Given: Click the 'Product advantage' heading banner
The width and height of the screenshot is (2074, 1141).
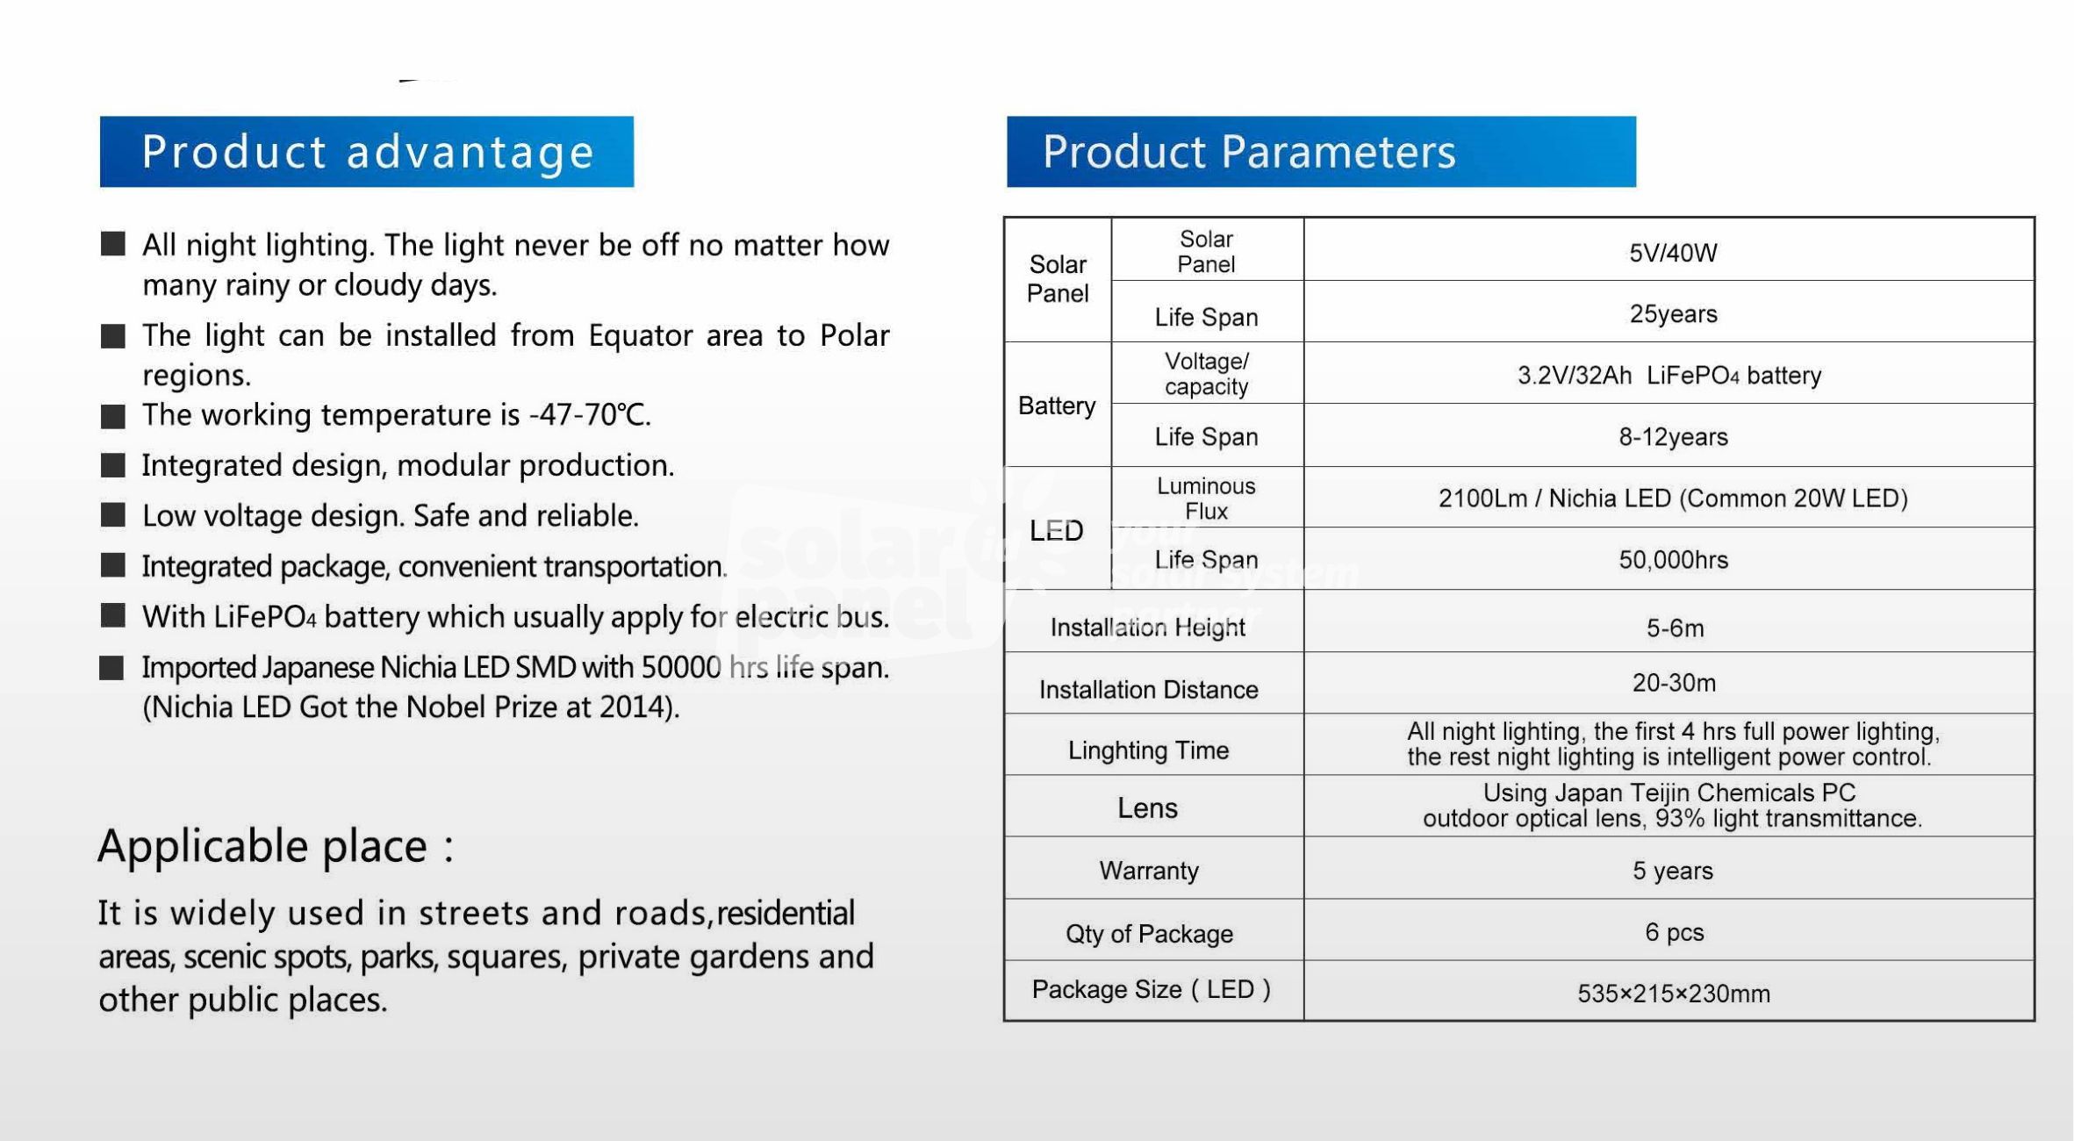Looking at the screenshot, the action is coord(367,151).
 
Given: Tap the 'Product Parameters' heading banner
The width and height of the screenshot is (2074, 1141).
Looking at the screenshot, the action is coord(1321,151).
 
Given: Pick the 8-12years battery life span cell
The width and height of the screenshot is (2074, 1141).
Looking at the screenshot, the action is coord(1673,437).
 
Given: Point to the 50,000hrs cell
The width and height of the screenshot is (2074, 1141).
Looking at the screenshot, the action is coord(1673,560).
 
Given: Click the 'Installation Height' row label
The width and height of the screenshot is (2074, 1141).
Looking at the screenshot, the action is coord(1148,628).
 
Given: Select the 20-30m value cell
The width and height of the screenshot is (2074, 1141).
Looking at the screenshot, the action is coord(1674,683).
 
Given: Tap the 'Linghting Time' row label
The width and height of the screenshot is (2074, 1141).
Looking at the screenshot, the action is coord(1148,750).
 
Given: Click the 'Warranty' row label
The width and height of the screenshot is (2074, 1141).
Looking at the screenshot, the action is coord(1149,871).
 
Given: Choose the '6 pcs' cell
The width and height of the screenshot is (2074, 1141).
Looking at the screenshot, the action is coord(1674,932).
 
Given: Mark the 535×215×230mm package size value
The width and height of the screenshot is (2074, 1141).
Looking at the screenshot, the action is coord(1674,994).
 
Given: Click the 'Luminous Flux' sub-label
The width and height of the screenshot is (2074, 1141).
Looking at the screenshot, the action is coord(1206,499).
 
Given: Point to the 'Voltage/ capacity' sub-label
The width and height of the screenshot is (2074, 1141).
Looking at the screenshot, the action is coord(1206,374).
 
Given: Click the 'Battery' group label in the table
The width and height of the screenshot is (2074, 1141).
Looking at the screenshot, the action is coord(1057,405).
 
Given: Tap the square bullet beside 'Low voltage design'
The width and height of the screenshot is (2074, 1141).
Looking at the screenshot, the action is coord(113,515).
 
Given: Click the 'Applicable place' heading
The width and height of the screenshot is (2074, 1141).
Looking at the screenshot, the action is coord(276,846).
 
